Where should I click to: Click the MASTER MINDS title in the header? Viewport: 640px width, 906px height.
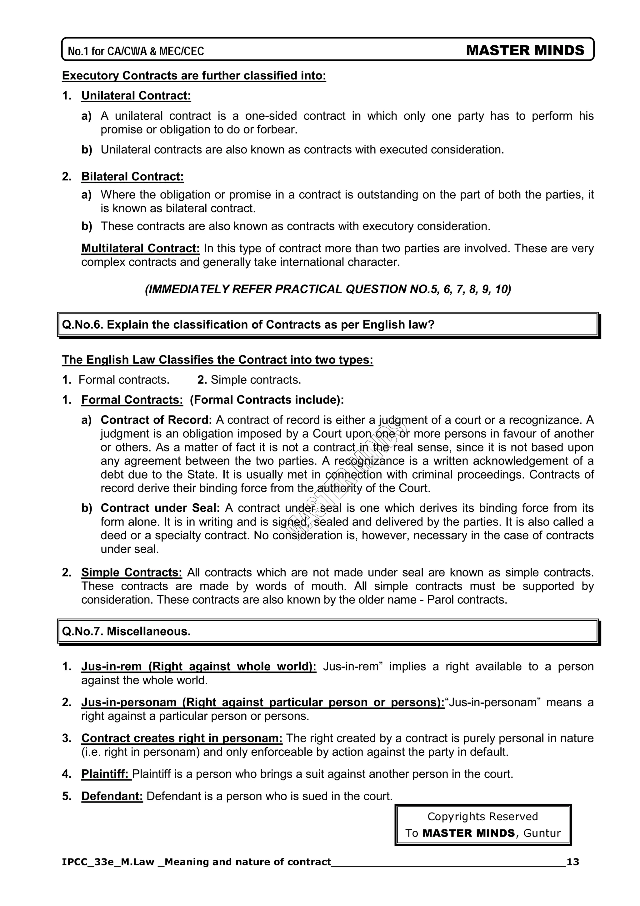click(525, 51)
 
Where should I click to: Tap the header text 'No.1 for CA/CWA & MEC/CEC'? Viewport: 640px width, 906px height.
click(136, 51)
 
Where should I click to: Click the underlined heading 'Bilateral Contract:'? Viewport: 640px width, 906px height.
click(132, 176)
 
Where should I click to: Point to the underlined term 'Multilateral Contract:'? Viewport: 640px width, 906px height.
click(140, 248)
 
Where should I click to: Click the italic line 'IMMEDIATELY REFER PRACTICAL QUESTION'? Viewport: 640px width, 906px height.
click(328, 289)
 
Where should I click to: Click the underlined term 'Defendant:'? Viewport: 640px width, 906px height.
click(112, 796)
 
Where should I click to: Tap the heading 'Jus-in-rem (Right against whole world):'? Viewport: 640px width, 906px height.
click(199, 667)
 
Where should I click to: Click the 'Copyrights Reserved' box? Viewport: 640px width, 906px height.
click(483, 825)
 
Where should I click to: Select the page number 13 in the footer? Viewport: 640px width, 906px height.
click(572, 862)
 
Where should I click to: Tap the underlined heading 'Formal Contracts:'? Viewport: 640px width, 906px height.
click(132, 400)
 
